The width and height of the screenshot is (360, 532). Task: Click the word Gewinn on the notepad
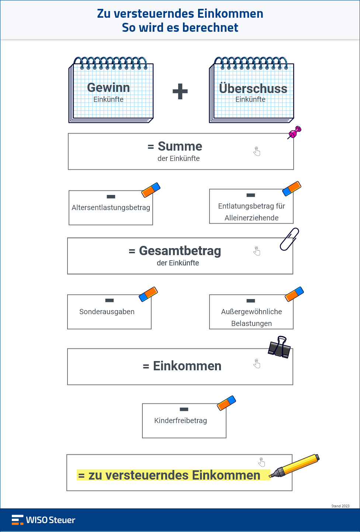click(108, 87)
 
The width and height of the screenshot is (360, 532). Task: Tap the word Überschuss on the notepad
click(253, 89)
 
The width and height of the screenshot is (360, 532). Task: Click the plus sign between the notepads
click(180, 91)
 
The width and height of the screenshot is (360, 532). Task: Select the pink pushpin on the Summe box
click(295, 132)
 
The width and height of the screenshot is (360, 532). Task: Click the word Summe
click(180, 146)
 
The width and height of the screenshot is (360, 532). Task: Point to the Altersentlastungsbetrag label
click(111, 207)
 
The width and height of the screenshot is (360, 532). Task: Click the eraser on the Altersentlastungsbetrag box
click(151, 190)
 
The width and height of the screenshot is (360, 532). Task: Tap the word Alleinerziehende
click(252, 218)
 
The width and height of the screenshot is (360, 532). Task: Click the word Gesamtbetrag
click(180, 251)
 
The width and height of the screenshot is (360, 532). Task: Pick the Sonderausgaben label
click(107, 312)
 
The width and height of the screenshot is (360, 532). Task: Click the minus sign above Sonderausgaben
click(110, 300)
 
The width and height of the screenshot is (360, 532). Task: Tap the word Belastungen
click(252, 323)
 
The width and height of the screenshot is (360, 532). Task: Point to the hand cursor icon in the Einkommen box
click(257, 364)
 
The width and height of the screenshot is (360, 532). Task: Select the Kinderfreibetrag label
click(181, 421)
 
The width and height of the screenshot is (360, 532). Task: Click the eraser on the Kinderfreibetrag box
click(226, 403)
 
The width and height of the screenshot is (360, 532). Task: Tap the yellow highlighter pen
click(295, 465)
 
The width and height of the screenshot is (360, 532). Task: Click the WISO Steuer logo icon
click(17, 520)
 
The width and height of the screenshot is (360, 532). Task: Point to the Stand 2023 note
click(340, 506)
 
